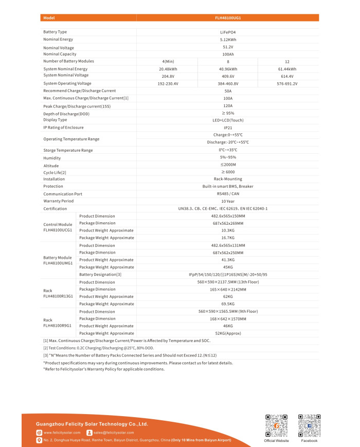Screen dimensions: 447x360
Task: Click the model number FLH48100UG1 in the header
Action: coord(228,17)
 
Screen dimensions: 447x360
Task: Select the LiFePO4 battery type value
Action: coord(228,32)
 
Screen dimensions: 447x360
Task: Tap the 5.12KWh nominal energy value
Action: coord(228,39)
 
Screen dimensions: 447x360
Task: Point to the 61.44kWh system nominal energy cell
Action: coord(287,69)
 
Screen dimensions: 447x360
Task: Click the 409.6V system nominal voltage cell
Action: coord(228,76)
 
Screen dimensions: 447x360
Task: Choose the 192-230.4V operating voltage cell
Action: coord(168,83)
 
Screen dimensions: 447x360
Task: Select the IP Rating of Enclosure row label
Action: coord(63,128)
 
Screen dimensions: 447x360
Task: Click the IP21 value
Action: coord(228,128)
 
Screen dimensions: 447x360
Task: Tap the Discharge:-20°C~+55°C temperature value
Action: coord(228,142)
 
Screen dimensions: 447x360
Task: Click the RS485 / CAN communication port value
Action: coord(228,194)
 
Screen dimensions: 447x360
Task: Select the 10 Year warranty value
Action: coord(228,201)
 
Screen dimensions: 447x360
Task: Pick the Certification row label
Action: coord(55,209)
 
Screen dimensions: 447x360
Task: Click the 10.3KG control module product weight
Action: coord(228,230)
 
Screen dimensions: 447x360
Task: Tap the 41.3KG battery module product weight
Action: coord(228,260)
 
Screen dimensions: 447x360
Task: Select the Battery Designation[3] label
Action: coord(100,275)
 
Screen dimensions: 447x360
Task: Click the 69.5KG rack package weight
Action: coord(228,304)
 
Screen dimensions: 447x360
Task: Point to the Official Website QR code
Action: coord(276,425)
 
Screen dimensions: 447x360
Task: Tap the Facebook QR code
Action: coord(309,425)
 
